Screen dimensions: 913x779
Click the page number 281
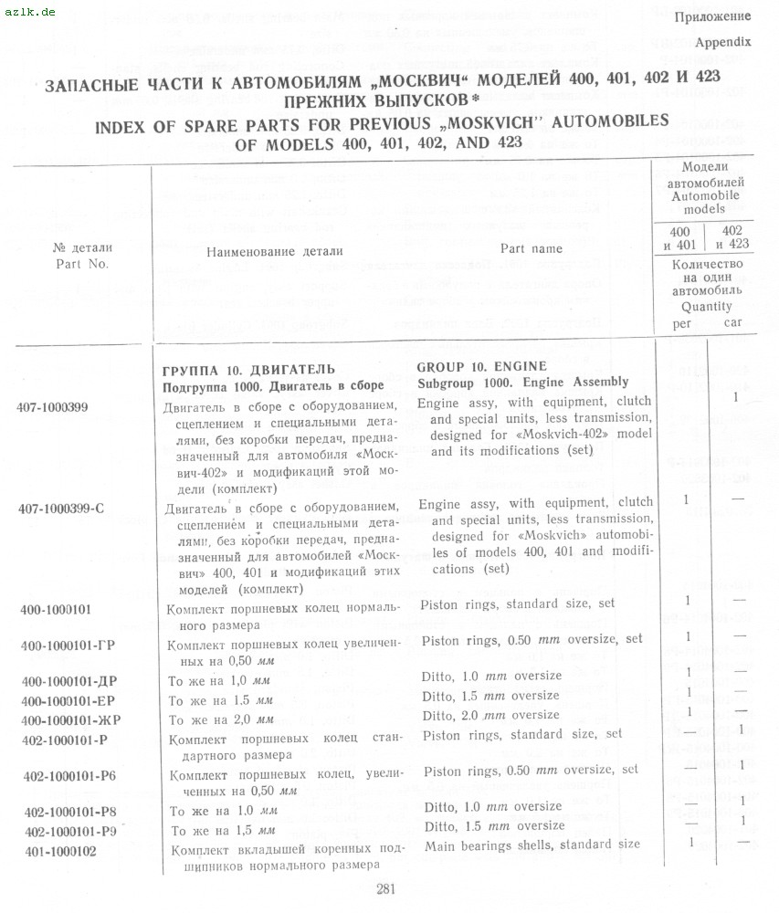click(x=384, y=891)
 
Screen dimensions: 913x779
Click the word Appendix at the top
click(x=722, y=42)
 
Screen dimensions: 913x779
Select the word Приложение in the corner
click(x=712, y=16)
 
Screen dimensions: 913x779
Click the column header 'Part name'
click(x=532, y=248)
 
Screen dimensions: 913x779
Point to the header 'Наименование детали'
click(x=275, y=251)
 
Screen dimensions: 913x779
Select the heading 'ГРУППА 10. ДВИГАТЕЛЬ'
click(x=247, y=370)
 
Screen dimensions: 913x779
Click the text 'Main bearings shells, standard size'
click(x=532, y=845)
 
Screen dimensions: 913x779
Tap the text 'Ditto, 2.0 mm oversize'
click(x=491, y=715)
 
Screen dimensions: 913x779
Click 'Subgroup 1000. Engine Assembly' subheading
click(x=522, y=382)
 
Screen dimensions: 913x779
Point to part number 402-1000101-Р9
click(x=70, y=831)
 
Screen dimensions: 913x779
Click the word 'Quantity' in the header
click(x=706, y=307)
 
